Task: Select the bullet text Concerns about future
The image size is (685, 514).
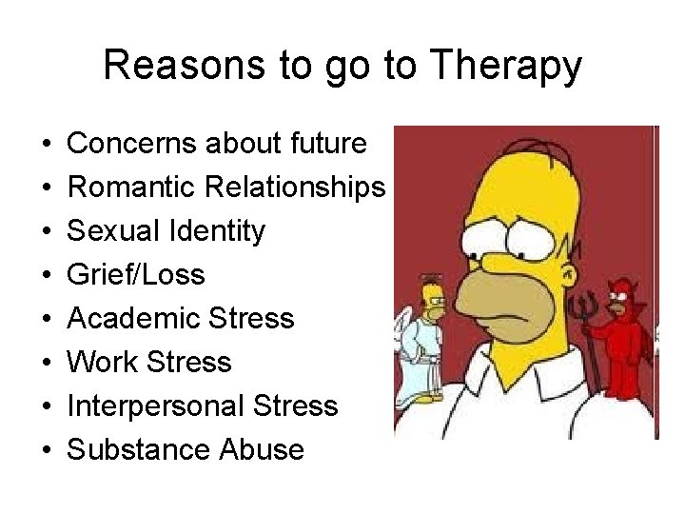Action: [217, 144]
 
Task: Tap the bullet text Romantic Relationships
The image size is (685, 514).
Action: [226, 188]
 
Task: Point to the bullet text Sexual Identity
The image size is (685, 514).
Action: [166, 231]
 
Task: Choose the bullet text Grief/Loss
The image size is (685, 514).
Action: [136, 275]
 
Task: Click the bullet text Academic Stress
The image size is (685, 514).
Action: [181, 319]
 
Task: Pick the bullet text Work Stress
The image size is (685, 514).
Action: [149, 363]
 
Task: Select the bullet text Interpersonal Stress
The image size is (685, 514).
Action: [203, 406]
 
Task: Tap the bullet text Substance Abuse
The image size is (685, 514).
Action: [186, 450]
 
